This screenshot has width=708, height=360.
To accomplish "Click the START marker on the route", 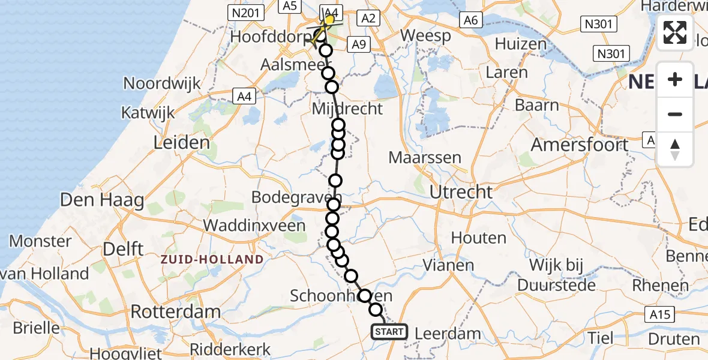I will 389,331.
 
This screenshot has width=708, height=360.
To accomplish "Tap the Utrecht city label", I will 461,193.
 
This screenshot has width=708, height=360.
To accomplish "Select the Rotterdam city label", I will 176,312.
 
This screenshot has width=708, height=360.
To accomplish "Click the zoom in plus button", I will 675,79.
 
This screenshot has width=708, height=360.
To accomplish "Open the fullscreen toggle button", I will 675,32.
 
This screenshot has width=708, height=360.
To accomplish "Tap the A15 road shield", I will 661,314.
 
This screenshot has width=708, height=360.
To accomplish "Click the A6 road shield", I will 470,20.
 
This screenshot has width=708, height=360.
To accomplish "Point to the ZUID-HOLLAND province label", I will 211,259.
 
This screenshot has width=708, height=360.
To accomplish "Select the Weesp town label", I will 425,35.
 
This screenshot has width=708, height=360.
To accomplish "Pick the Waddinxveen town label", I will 256,225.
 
